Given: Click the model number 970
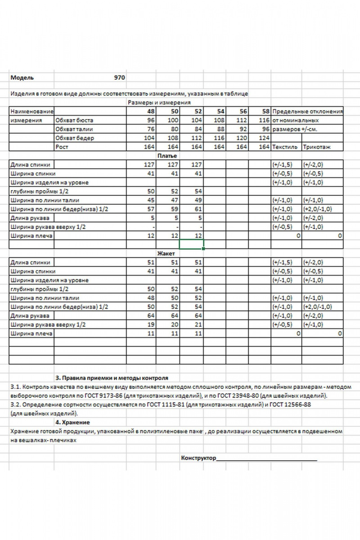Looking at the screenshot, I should coord(119,77).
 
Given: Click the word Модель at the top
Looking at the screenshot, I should coord(22,77).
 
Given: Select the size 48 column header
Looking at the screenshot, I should coord(150,112).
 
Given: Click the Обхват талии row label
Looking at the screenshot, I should coord(71,130).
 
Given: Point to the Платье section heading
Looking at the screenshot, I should coord(166,156).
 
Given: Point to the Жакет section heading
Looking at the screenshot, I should coord(166,253).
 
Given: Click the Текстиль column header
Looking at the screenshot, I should coord(285,147).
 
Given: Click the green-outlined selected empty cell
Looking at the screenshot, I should coord(192,244).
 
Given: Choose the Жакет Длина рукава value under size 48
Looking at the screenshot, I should coord(150,315).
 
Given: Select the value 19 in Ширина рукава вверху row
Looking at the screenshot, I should coord(150,324).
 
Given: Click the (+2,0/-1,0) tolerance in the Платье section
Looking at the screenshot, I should coord(318,209).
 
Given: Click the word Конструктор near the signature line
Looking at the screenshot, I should coord(198,459).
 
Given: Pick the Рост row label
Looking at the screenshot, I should coord(62,147).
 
